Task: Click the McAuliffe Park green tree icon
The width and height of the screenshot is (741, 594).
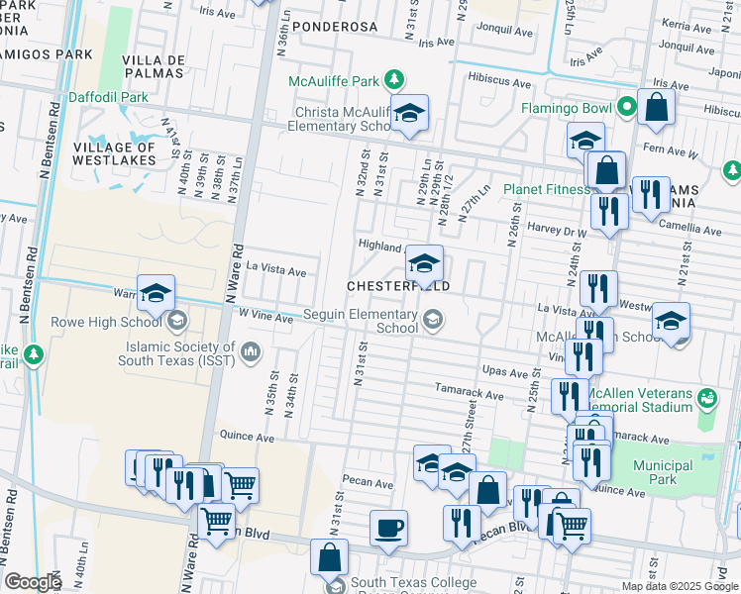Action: tap(394, 80)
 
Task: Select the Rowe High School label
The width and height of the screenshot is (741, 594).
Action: tap(112, 321)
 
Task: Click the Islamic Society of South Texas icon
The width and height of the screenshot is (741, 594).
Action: tap(250, 348)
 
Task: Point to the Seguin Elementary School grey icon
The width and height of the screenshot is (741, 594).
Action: tap(432, 318)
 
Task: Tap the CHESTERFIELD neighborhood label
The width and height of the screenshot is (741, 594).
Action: tap(398, 286)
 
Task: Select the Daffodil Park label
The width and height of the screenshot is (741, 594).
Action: tap(108, 98)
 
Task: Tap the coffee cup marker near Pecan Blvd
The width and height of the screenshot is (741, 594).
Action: tap(389, 526)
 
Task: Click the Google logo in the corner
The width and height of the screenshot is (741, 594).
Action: tap(33, 582)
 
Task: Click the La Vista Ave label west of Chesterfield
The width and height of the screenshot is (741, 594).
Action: tap(282, 270)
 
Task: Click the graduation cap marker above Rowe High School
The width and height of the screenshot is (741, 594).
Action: tap(156, 293)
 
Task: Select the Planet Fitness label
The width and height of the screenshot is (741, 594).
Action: tap(546, 189)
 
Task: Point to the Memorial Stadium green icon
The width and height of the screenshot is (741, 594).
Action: tap(707, 397)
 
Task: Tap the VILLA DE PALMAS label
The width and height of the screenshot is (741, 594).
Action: tap(154, 67)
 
